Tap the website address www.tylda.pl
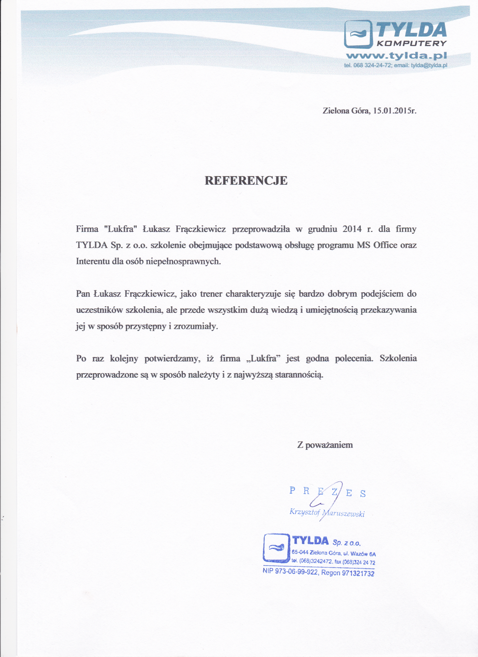pyautogui.click(x=396, y=55)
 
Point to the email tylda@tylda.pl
pyautogui.click(x=429, y=65)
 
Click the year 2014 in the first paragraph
pyautogui.click(x=352, y=229)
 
